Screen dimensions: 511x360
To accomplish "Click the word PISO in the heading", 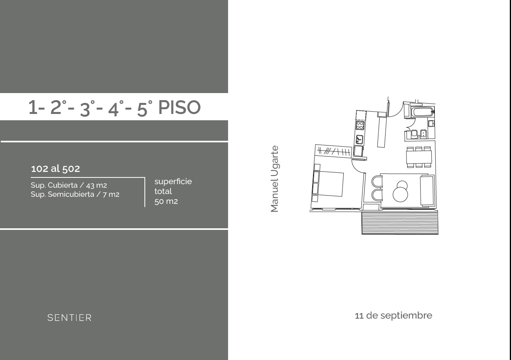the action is (x=179, y=107).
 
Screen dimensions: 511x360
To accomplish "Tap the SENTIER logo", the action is (x=69, y=317).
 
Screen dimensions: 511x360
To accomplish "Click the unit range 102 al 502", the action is (x=55, y=169).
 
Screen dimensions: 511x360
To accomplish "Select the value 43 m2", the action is (x=97, y=185).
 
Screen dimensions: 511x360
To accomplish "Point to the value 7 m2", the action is (x=111, y=194).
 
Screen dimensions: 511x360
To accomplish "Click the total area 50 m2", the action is (x=166, y=201).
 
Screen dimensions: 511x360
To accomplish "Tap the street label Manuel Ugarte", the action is (x=274, y=179).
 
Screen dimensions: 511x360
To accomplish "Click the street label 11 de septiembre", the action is (x=393, y=315).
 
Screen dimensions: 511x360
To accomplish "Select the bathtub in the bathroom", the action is (x=423, y=112).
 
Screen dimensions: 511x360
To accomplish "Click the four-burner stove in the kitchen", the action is (x=360, y=125).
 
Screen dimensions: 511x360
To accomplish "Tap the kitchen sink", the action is (x=359, y=140).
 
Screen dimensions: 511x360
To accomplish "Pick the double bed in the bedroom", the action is (x=328, y=183).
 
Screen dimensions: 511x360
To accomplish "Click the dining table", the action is (x=419, y=157).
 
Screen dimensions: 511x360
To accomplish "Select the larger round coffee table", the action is (x=400, y=194).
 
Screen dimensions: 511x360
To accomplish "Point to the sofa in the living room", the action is (x=427, y=191).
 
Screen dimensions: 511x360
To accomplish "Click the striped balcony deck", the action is (x=400, y=222).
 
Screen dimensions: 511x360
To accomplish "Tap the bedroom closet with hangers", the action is (x=333, y=151).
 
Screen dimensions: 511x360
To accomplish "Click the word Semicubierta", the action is (x=71, y=194).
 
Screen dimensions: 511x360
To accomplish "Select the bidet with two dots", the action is (x=424, y=134).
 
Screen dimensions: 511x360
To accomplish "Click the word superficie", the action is (x=173, y=181).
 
